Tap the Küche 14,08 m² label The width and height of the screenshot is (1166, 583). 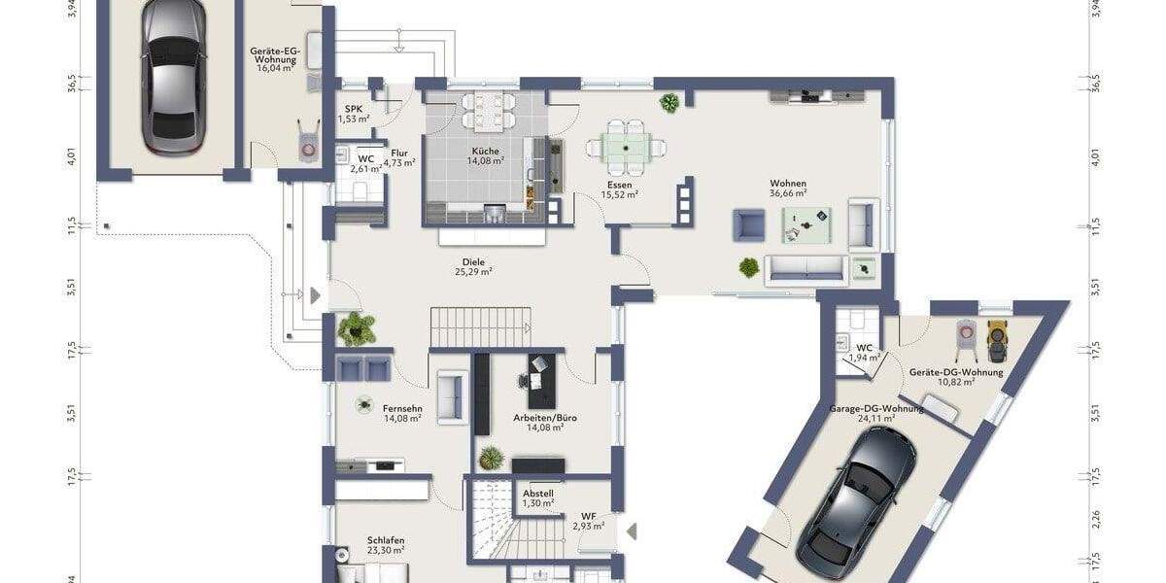[485, 156]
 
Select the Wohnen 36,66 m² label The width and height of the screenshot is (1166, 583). [788, 189]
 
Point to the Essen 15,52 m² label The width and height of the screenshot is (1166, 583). [619, 189]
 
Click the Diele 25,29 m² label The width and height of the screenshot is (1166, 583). [473, 267]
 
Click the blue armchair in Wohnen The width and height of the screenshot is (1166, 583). [748, 224]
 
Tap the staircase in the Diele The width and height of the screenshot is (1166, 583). [481, 326]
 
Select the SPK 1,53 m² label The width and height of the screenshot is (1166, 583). [354, 114]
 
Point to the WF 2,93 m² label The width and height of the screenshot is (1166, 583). [589, 521]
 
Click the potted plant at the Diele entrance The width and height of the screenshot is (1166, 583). [357, 328]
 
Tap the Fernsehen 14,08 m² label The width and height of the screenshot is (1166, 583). [401, 414]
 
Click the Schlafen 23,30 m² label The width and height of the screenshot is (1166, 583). [386, 545]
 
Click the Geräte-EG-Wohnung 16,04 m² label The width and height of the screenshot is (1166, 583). [275, 58]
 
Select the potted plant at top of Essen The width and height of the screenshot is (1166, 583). [669, 102]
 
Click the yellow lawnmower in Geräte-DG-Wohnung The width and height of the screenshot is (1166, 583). [995, 336]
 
